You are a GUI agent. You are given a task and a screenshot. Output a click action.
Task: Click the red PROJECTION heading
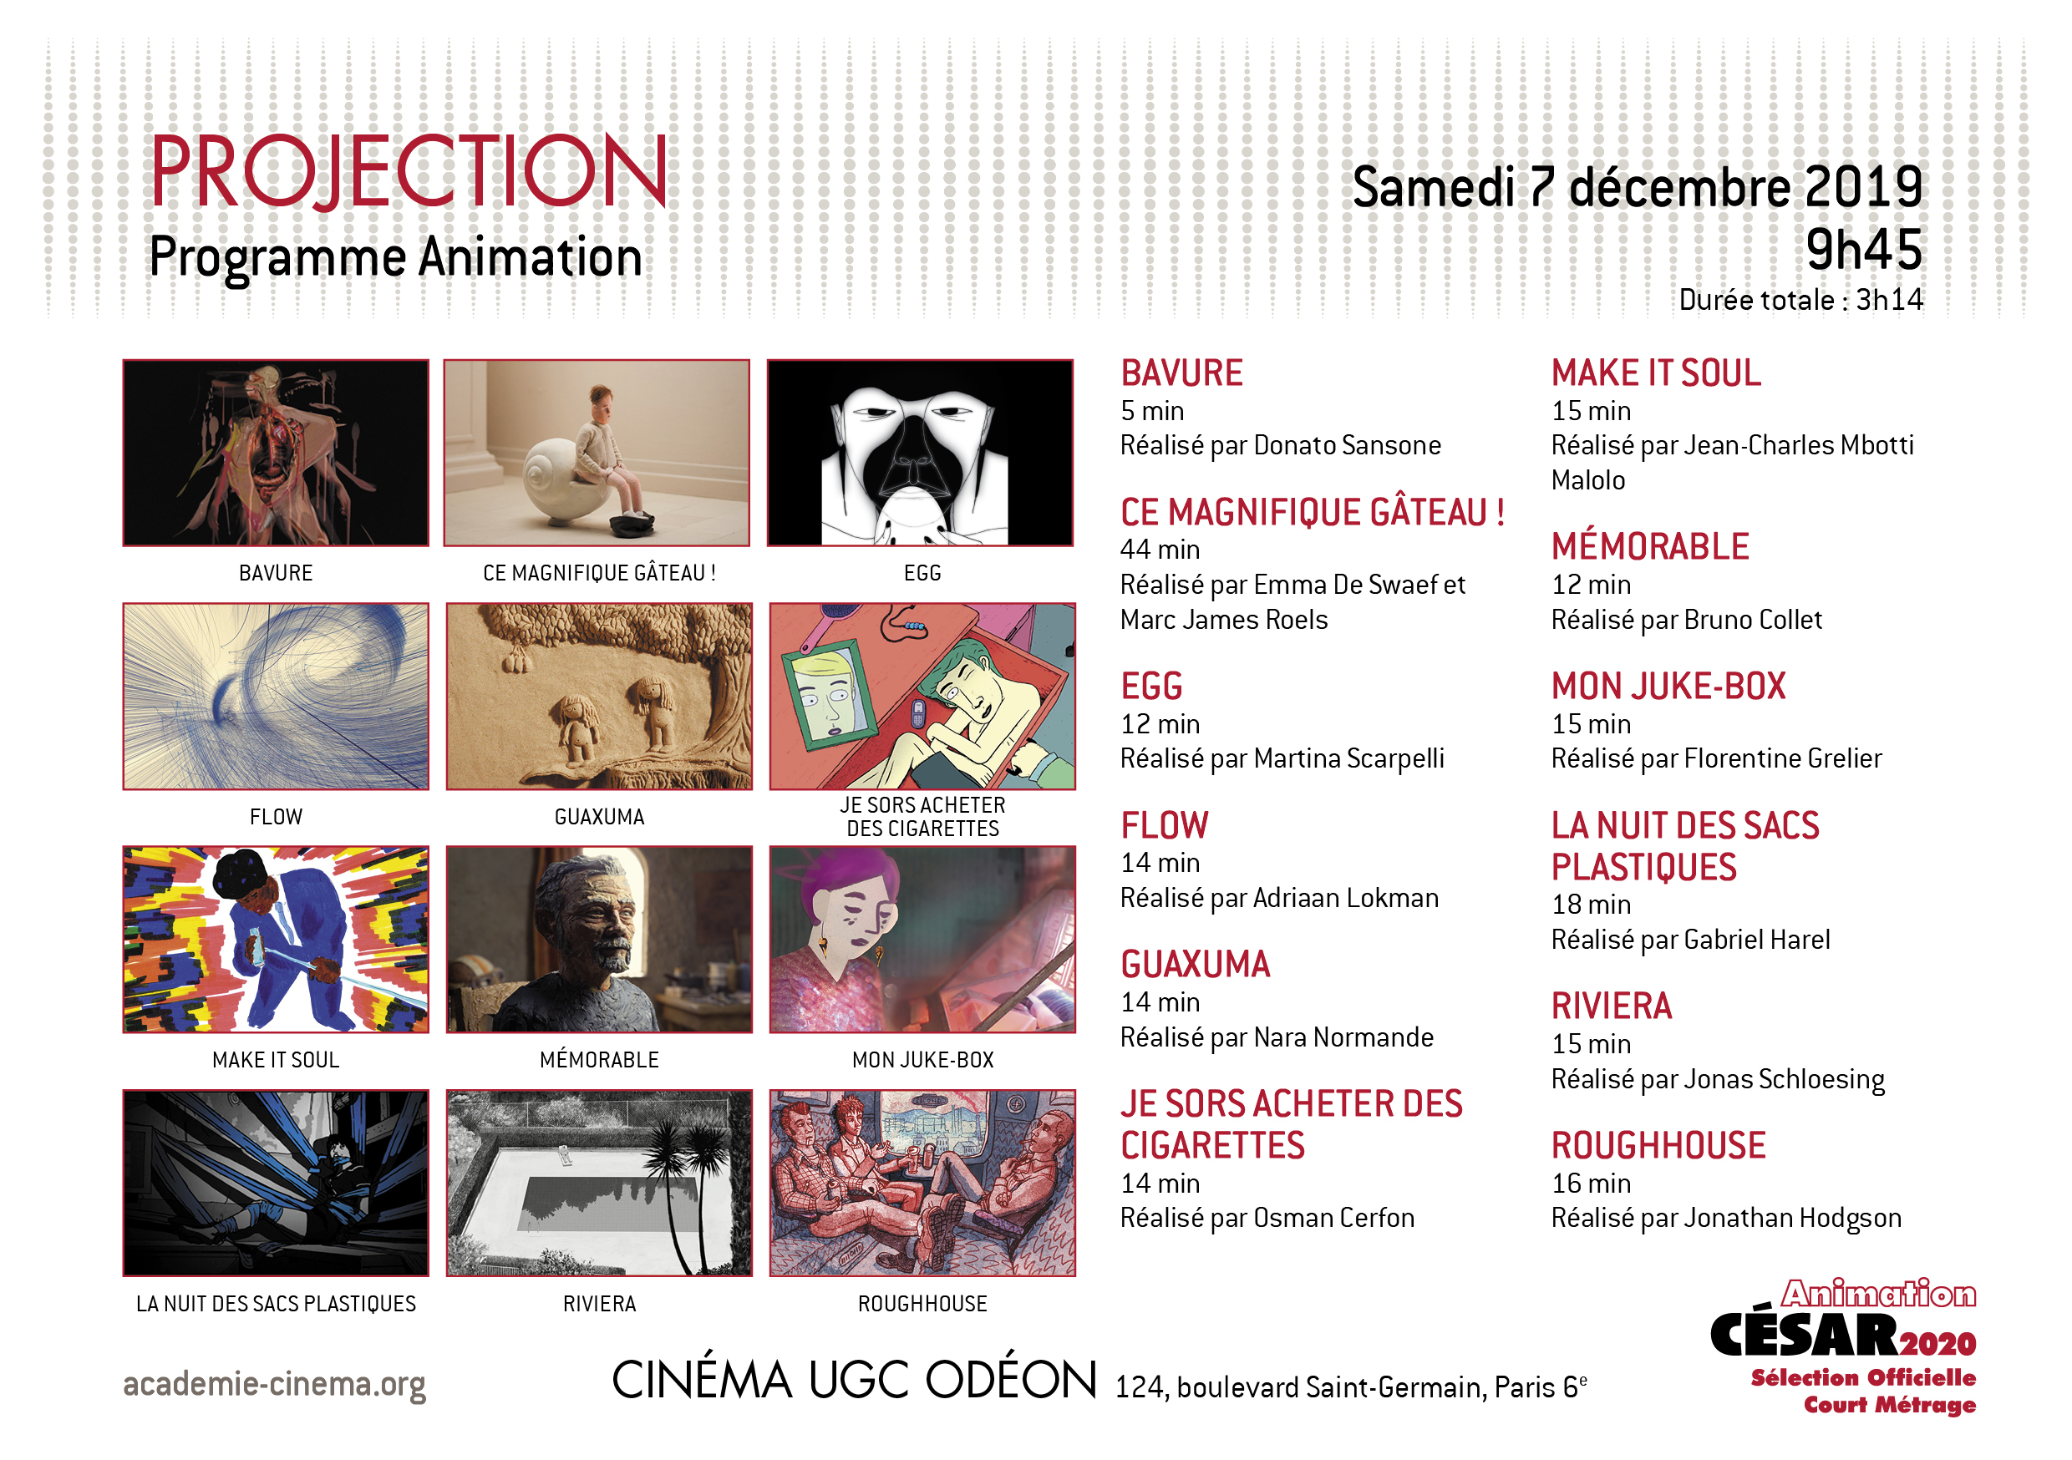pos(409,170)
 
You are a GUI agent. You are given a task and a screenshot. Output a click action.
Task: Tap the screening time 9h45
pos(1865,249)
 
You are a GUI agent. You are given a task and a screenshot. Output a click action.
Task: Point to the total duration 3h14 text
pos(1890,300)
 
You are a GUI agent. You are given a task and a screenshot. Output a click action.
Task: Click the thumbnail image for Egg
pos(920,453)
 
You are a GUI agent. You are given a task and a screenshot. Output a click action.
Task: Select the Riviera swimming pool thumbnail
pos(599,1183)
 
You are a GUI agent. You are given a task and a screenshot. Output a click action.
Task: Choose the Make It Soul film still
pos(277,940)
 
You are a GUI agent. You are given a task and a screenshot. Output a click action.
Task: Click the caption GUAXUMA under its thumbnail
pos(599,817)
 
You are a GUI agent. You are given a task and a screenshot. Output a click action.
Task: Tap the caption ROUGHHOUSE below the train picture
pos(922,1304)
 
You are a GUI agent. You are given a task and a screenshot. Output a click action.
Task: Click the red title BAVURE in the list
pos(1181,373)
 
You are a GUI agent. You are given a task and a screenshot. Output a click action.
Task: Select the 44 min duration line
pos(1160,550)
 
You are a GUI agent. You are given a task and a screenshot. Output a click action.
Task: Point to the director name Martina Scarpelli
pos(1349,759)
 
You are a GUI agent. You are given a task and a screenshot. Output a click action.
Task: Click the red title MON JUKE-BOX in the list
pos(1668,687)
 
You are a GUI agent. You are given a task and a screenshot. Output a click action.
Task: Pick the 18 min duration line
pos(1591,905)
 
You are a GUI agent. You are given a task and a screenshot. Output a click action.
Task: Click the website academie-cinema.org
pos(274,1384)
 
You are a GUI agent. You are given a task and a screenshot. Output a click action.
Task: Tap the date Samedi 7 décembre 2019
pos(1638,188)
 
